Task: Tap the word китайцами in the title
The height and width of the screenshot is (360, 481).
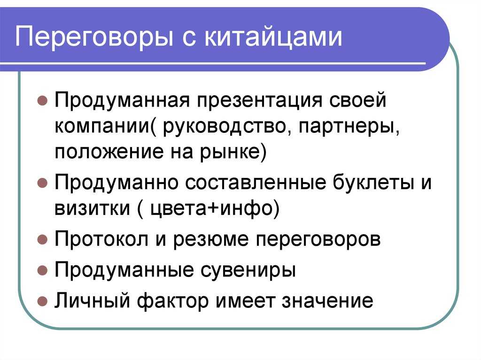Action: pyautogui.click(x=273, y=37)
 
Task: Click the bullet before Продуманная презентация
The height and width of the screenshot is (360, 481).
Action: pyautogui.click(x=42, y=100)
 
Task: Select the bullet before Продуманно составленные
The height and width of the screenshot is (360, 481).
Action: pyautogui.click(x=42, y=183)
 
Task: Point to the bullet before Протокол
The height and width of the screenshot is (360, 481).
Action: pyautogui.click(x=42, y=239)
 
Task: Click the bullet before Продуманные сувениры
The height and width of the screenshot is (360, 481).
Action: pyautogui.click(x=42, y=270)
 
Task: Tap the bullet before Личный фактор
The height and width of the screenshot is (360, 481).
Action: pyautogui.click(x=42, y=301)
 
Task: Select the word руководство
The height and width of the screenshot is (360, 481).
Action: pyautogui.click(x=224, y=127)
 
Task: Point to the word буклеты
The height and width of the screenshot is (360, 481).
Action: pyautogui.click(x=372, y=183)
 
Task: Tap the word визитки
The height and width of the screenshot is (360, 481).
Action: pyautogui.click(x=93, y=208)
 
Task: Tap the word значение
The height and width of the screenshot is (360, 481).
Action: pyautogui.click(x=327, y=301)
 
